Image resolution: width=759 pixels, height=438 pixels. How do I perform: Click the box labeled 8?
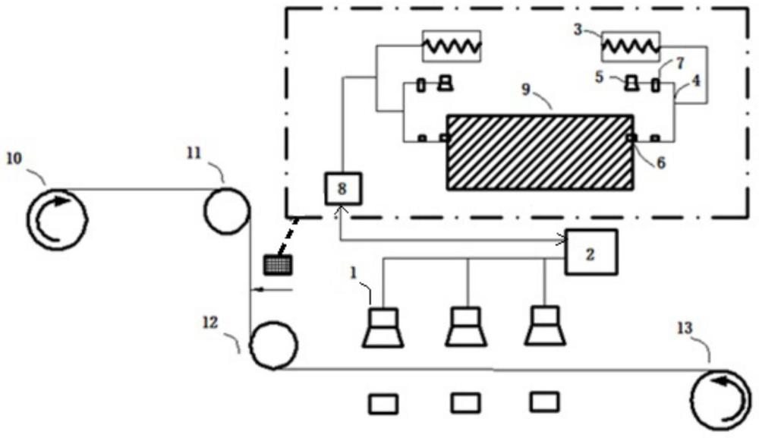[x=342, y=188]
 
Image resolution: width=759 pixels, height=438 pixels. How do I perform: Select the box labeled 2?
[x=591, y=251]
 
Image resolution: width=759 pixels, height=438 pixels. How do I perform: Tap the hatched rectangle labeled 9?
[x=540, y=152]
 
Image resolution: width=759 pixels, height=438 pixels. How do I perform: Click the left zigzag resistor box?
[x=452, y=46]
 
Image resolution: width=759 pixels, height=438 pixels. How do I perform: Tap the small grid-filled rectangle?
[x=277, y=265]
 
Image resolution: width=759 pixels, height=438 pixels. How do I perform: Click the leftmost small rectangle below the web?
[x=383, y=403]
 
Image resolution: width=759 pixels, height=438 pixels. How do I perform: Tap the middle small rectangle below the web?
[x=465, y=402]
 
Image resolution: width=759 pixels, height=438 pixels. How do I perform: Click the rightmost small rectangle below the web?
[x=545, y=401]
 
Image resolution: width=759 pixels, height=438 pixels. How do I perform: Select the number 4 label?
[x=695, y=79]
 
